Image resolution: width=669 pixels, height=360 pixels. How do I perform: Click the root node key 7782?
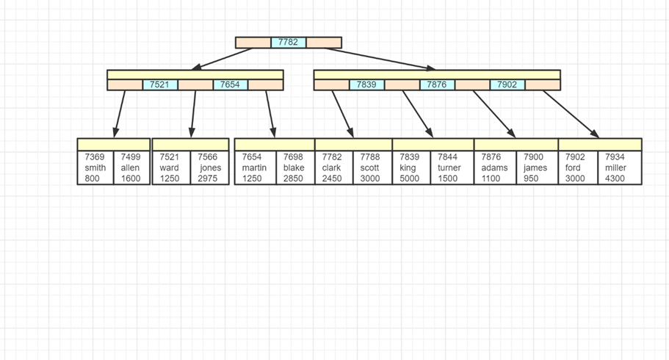pos(289,43)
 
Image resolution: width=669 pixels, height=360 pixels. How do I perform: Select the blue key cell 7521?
pos(159,84)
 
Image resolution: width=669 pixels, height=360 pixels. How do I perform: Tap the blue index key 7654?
pos(230,84)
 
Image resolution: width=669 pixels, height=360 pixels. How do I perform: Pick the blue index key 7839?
pos(366,84)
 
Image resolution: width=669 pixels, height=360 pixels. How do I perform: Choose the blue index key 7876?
pos(437,84)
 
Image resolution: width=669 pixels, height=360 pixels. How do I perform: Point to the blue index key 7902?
pos(507,84)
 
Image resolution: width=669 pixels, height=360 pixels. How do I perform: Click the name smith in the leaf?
pos(95,168)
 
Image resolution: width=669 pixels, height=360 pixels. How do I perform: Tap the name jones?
pos(210,168)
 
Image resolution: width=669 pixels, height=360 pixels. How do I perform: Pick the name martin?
pos(254,168)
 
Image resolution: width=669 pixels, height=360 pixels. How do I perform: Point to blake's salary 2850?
pos(292,179)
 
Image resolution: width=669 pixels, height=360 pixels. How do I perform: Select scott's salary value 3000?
pos(370,179)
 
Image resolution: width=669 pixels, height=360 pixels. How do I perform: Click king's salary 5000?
pos(410,179)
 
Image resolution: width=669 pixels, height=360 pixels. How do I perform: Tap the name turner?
pos(449,168)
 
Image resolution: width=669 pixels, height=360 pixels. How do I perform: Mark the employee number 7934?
pos(616,157)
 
